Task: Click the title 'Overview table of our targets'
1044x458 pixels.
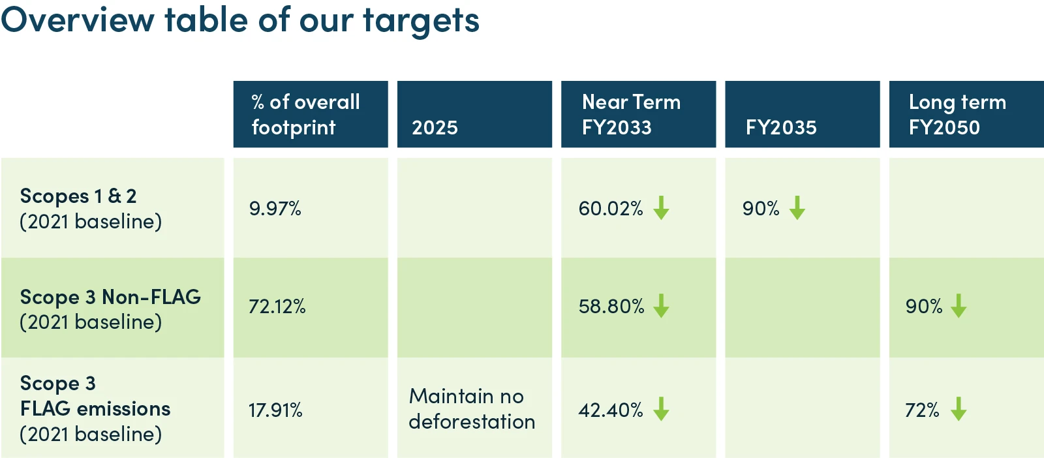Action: point(240,20)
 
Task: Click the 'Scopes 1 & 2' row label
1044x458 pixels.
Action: point(78,196)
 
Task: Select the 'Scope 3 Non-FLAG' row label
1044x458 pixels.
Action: point(110,298)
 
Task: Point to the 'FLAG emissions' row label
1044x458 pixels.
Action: point(95,408)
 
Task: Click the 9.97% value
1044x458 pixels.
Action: point(275,208)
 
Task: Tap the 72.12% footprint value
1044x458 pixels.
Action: point(277,307)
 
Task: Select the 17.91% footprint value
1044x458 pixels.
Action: point(275,410)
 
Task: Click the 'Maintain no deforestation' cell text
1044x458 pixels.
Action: point(472,408)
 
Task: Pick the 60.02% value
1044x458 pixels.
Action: point(611,208)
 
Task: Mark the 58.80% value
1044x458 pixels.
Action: point(611,307)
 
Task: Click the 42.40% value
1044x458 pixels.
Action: point(611,410)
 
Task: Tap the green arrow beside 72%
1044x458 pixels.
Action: point(959,409)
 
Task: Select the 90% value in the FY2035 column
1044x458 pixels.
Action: point(761,208)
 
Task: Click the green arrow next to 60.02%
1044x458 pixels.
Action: point(661,208)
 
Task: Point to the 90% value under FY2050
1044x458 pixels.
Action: point(924,307)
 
